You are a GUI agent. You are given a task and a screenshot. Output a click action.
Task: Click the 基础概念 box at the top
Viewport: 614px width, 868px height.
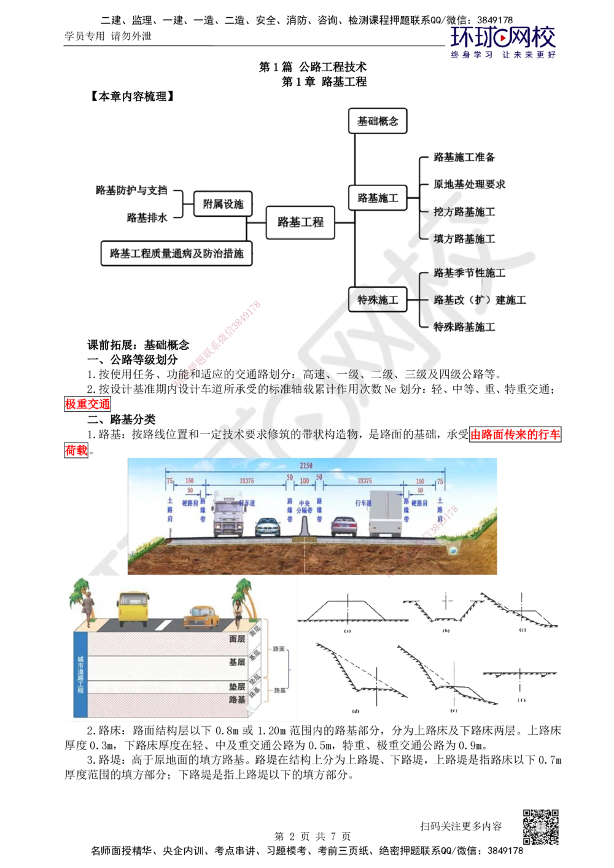pos(378,122)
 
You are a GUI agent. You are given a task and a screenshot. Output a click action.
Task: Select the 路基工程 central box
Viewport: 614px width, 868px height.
pos(300,222)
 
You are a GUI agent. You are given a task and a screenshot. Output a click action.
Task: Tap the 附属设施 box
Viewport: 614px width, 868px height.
pos(222,203)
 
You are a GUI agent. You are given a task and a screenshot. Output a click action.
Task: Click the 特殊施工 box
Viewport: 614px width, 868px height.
pos(378,300)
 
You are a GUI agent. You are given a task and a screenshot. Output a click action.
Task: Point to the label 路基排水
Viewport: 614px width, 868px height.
pos(147,217)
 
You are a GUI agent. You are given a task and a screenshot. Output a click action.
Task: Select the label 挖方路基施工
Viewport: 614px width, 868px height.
pos(464,212)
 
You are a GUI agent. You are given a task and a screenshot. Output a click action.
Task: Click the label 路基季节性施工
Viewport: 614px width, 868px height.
pos(470,273)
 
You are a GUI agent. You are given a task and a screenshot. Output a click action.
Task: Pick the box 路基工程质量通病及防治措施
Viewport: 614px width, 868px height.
pos(176,253)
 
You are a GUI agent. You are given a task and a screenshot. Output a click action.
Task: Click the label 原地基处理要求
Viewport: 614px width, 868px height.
pos(470,185)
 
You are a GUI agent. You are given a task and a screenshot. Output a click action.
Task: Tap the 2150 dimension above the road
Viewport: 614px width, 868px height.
pos(305,467)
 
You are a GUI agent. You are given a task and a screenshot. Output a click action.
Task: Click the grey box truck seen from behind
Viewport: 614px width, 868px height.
pos(384,513)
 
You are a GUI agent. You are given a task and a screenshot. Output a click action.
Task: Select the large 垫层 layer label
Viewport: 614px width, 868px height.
pos(237,687)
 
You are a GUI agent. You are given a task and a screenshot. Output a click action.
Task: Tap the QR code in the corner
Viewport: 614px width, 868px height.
pos(540,827)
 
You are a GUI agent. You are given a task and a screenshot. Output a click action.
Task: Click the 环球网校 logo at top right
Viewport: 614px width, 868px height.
pos(502,41)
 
